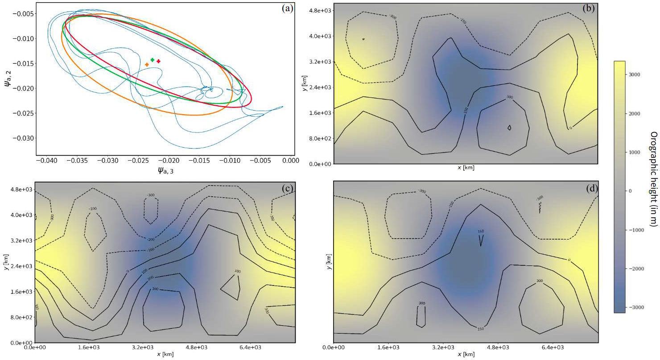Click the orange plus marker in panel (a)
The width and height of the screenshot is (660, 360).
147,65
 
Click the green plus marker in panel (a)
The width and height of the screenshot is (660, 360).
153,60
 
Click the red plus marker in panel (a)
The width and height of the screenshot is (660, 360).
158,61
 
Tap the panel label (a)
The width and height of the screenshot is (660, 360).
287,8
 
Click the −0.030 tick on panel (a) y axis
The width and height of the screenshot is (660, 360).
21,138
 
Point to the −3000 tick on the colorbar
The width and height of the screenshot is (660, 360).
634,307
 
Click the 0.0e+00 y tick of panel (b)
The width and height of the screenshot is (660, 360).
322,164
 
